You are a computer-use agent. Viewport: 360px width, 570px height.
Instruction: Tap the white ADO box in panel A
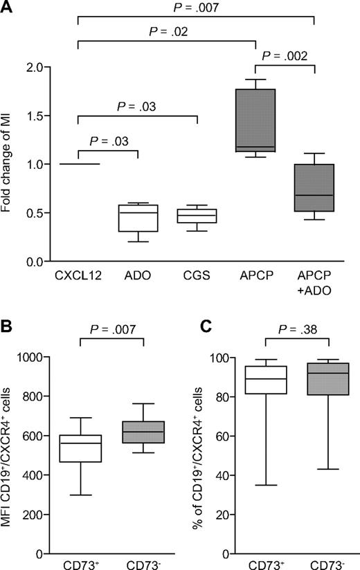tap(138, 218)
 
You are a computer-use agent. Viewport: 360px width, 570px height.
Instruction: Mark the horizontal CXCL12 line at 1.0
tap(78, 164)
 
